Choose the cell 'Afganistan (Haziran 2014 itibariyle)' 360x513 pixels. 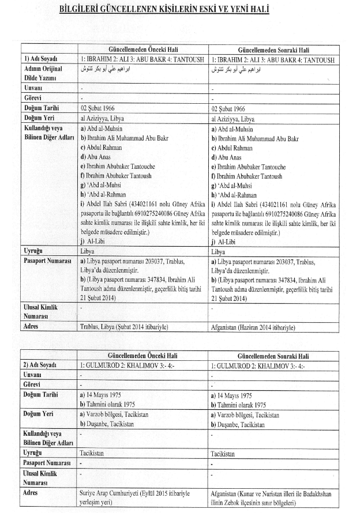253,327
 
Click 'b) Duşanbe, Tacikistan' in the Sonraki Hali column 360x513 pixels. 238,424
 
